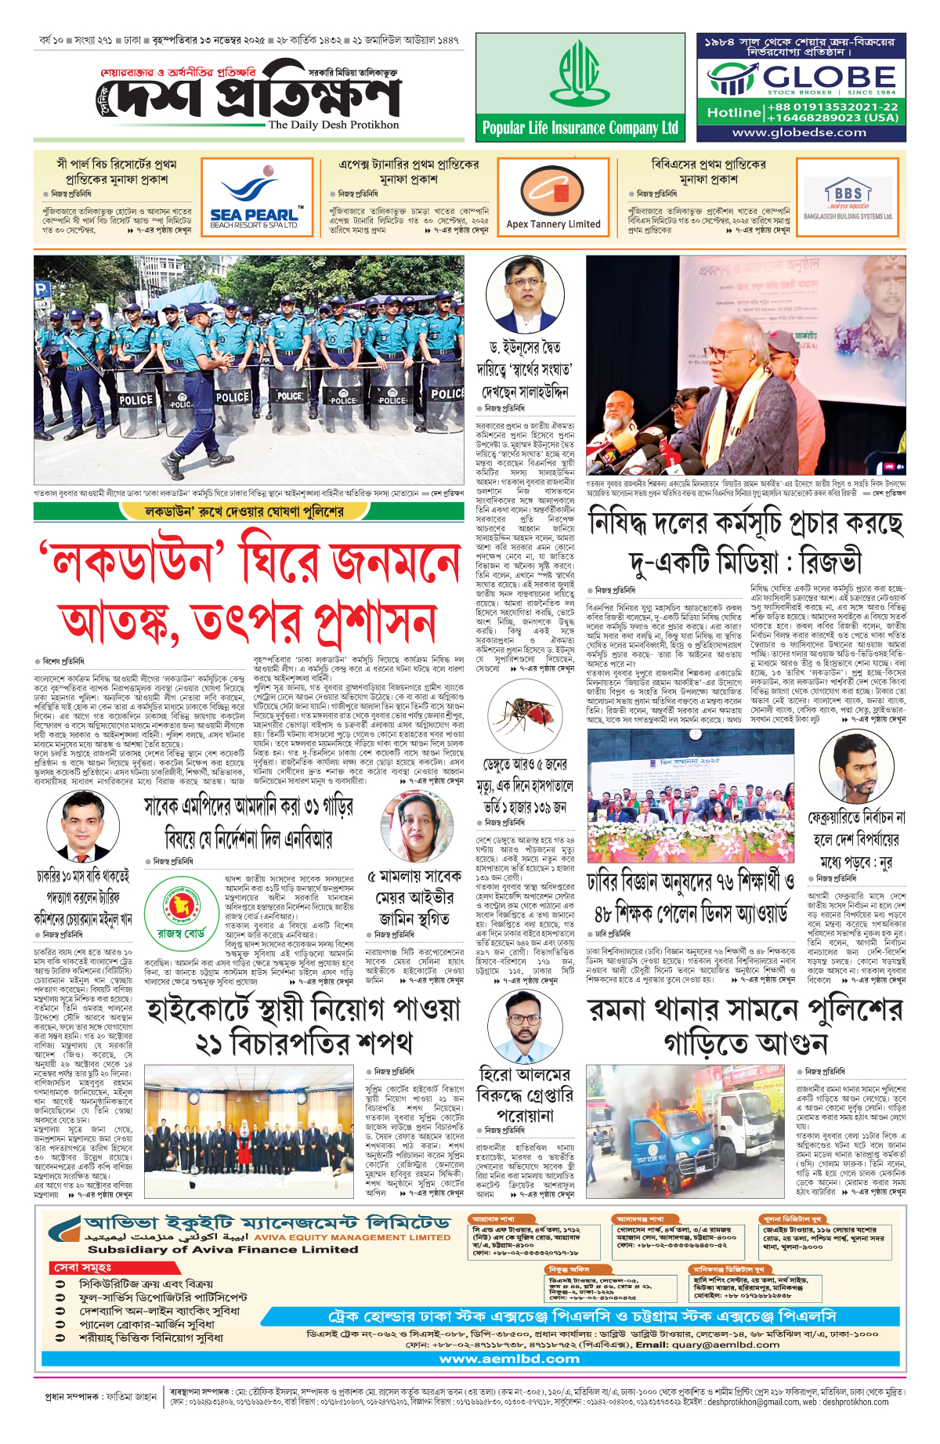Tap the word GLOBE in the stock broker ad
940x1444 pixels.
point(829,77)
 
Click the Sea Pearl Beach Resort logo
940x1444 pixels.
point(254,202)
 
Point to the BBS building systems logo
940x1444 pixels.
point(848,201)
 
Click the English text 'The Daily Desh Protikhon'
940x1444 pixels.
point(333,125)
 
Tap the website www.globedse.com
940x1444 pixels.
point(799,132)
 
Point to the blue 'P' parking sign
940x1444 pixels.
point(42,288)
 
